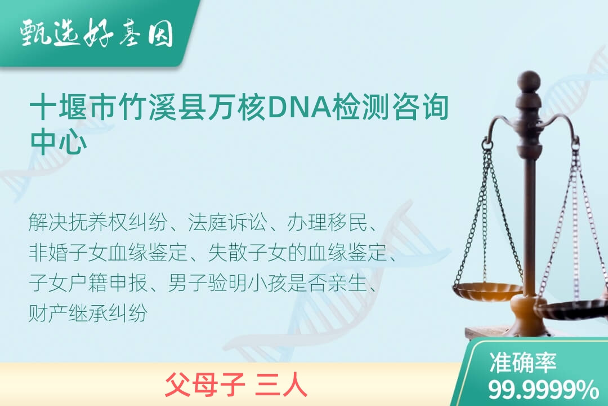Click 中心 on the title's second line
[59, 141]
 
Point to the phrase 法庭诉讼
[227, 222]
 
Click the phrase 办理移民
[327, 222]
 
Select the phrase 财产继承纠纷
[88, 313]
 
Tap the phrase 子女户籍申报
[88, 283]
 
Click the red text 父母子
[205, 384]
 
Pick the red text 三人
[281, 384]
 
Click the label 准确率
[522, 362]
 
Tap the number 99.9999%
[543, 390]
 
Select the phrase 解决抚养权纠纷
[98, 222]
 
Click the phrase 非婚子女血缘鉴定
[108, 253]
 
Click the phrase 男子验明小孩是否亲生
[267, 283]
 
